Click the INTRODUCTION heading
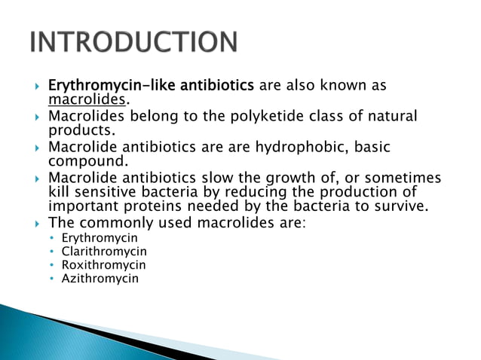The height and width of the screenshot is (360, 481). coord(134,42)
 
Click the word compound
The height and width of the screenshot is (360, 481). coord(84,161)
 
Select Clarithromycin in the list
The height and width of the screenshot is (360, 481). coord(104,252)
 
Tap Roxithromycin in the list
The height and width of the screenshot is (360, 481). coord(103,265)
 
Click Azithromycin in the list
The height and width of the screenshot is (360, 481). coord(100,278)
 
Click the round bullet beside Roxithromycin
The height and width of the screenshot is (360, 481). coord(52,265)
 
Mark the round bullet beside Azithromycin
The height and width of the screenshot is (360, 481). coord(52,278)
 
